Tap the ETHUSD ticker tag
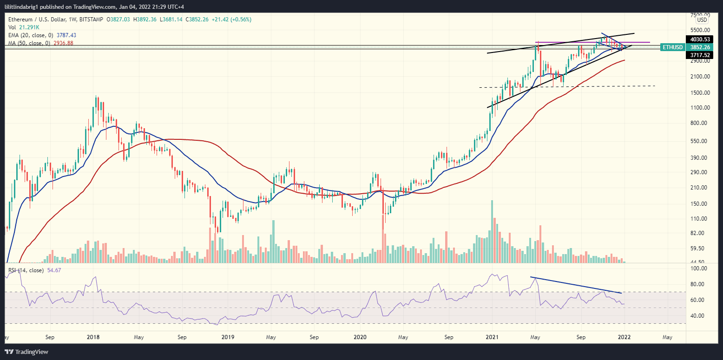(672, 47)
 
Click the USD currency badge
(702, 20)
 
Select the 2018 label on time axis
(93, 337)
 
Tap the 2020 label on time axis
(361, 337)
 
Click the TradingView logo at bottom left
(27, 352)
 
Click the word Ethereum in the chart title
(21, 20)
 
